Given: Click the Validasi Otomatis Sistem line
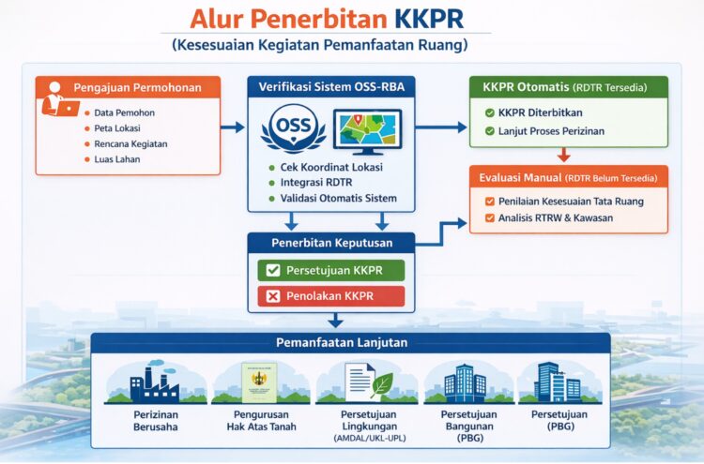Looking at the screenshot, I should click(x=338, y=198).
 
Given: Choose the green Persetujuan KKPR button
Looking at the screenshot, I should click(x=331, y=270).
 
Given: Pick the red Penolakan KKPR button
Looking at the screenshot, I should click(x=331, y=296).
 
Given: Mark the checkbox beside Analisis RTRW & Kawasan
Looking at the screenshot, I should click(x=489, y=218).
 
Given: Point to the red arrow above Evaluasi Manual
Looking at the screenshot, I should click(x=563, y=155).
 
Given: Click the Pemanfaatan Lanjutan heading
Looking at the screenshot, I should click(x=341, y=342).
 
